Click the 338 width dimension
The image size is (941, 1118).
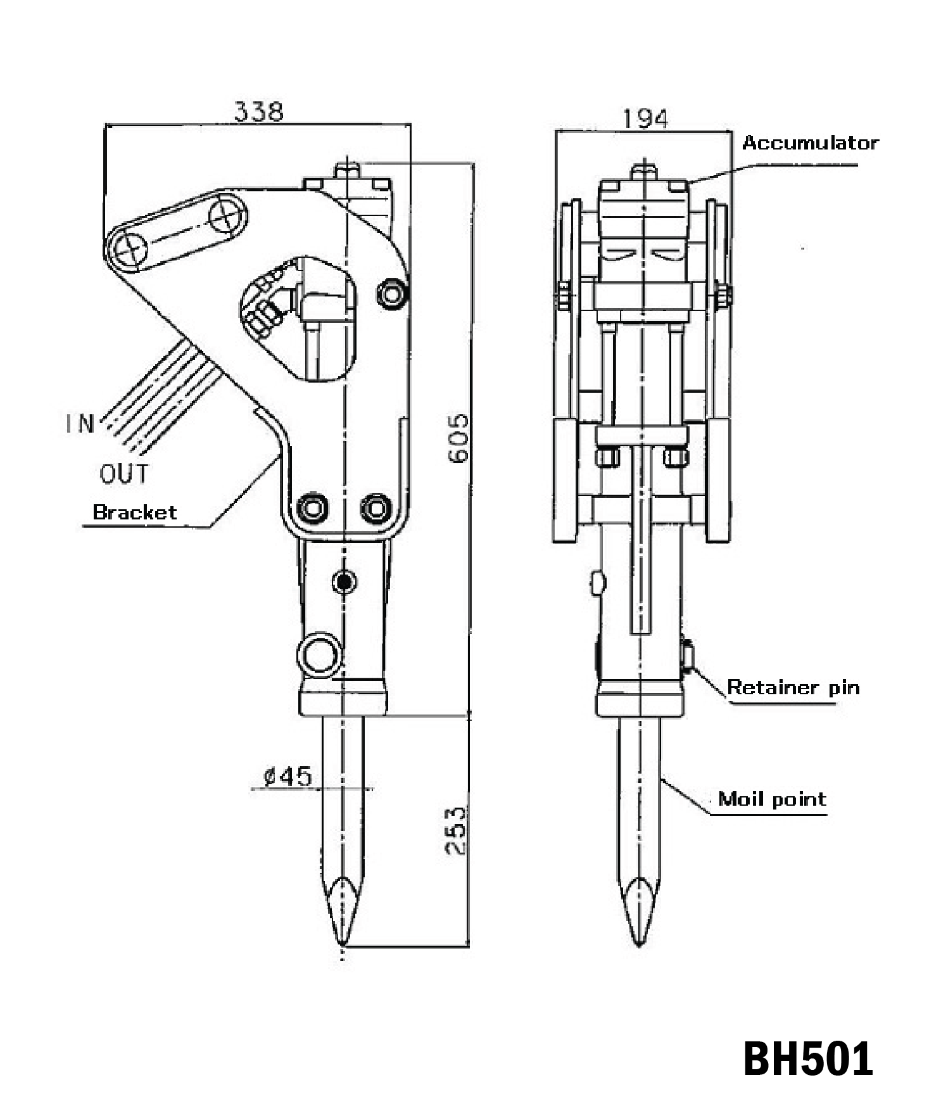click(x=259, y=112)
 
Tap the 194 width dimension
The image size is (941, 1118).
click(x=645, y=119)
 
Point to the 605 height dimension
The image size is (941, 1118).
click(x=458, y=438)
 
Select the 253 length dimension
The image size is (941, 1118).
click(x=455, y=830)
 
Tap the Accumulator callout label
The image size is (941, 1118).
click(x=810, y=143)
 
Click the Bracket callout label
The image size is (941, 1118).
click(x=135, y=512)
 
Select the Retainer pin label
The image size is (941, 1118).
click(x=793, y=687)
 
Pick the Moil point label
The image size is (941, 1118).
click(x=772, y=799)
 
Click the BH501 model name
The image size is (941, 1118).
click(x=808, y=1058)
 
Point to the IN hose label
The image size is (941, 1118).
click(x=80, y=423)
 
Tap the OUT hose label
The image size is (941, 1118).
click(x=124, y=473)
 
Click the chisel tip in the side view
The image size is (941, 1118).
click(x=343, y=946)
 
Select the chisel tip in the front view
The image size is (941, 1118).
click(x=638, y=945)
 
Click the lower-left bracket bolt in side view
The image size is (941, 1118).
click(x=313, y=507)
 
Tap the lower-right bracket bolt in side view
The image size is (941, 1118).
click(x=376, y=507)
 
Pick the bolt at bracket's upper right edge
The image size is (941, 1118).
click(x=393, y=293)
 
